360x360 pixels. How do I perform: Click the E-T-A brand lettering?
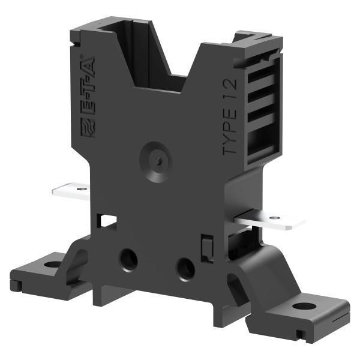point(88,96)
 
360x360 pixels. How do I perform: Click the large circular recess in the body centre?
point(156,161)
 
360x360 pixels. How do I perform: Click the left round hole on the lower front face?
point(128,259)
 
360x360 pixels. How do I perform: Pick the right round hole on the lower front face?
point(185,268)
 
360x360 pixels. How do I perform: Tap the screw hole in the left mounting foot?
point(52,264)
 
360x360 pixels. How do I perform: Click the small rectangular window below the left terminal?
point(108,220)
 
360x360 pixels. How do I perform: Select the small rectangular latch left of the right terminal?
point(206,248)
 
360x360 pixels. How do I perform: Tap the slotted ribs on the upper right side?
point(262,102)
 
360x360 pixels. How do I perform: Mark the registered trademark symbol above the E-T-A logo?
point(82,58)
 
